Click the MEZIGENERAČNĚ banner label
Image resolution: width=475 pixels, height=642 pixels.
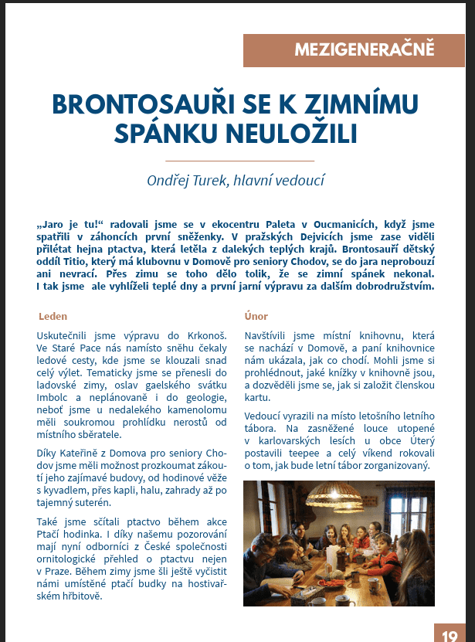click(364, 51)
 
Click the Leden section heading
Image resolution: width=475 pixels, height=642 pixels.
click(53, 316)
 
